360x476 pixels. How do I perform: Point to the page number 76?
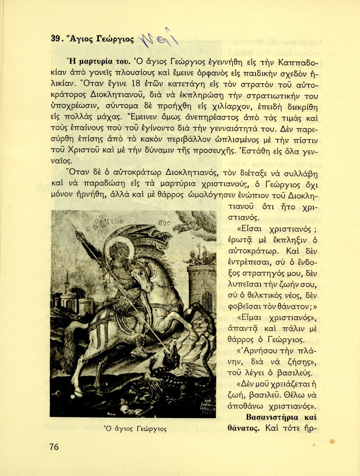point(54,447)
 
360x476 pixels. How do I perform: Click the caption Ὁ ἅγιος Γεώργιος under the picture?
point(136,429)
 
